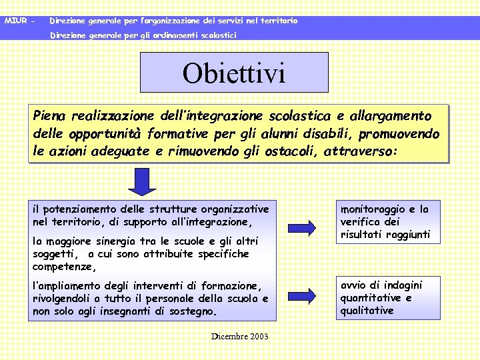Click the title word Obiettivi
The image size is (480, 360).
point(233,73)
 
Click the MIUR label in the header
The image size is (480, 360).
point(15,21)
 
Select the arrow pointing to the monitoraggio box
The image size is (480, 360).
point(308,225)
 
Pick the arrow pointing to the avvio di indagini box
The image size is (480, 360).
point(308,295)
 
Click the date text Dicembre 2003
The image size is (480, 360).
point(239,337)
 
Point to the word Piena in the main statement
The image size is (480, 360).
point(50,116)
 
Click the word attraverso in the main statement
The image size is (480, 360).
point(359,152)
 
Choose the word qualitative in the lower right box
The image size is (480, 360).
point(367,311)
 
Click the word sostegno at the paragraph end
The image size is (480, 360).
point(195,311)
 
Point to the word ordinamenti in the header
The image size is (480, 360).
point(167,34)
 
